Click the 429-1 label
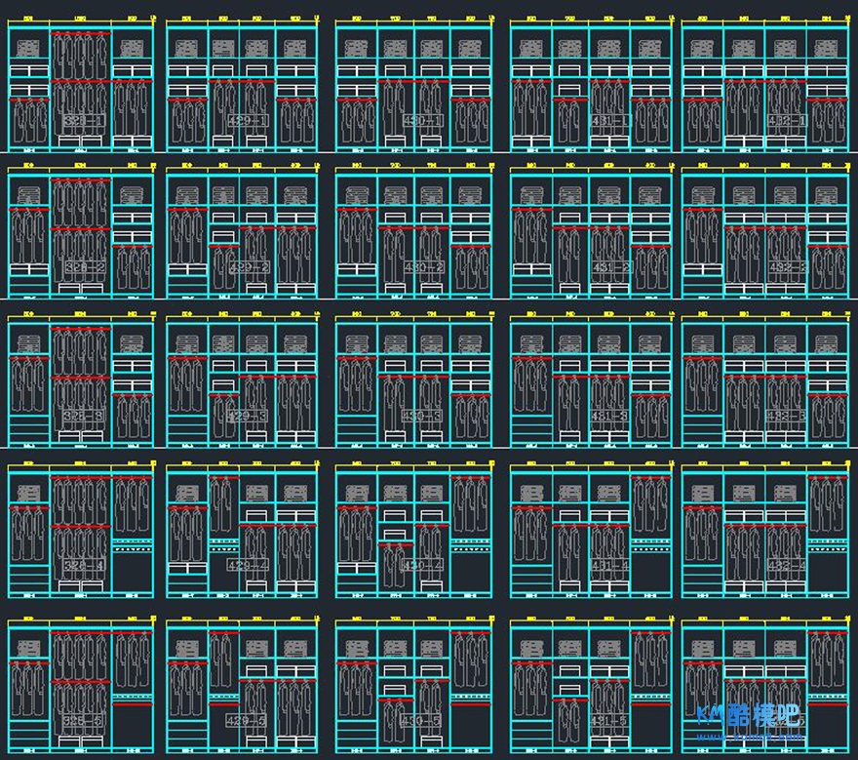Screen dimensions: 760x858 point(247,121)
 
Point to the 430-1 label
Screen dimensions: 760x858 point(422,121)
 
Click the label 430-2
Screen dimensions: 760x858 point(422,267)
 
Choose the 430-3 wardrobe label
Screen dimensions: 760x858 point(422,417)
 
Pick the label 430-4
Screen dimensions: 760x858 point(422,565)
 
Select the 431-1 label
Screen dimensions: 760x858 point(609,121)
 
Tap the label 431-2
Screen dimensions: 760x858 point(609,267)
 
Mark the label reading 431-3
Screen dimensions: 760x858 point(609,417)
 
